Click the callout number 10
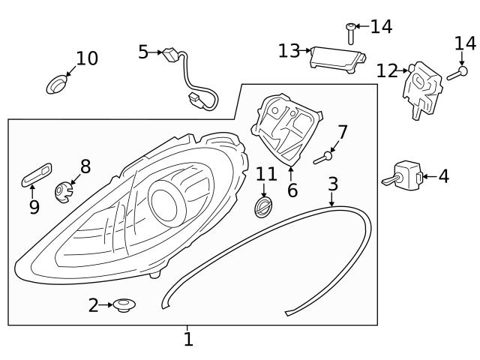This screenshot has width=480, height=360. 87,58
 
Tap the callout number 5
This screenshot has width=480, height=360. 143,52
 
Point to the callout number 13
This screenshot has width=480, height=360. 288,51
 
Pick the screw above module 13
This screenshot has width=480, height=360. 350,33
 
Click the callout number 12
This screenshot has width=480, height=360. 387,71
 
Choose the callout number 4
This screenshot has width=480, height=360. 443,177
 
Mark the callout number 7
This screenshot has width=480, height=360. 342,133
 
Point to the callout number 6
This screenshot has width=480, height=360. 292,190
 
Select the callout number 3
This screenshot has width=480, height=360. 333,184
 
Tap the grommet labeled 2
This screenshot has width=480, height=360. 124,305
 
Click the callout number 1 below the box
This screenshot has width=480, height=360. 188,340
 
